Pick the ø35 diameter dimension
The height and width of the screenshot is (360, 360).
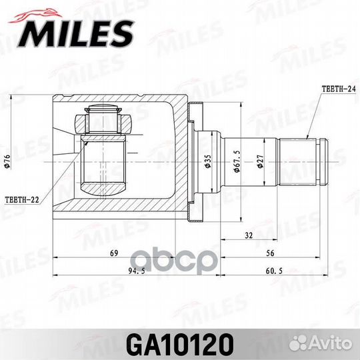pyautogui.click(x=207, y=162)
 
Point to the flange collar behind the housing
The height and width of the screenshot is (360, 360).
pyautogui.click(x=194, y=161)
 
